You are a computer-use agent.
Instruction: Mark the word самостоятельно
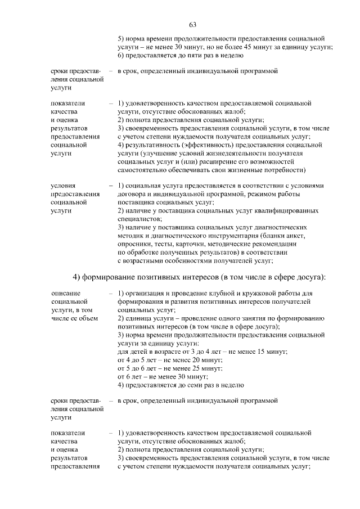(145, 169)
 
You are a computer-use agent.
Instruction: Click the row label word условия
(63, 185)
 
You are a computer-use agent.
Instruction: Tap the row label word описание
(65, 293)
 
